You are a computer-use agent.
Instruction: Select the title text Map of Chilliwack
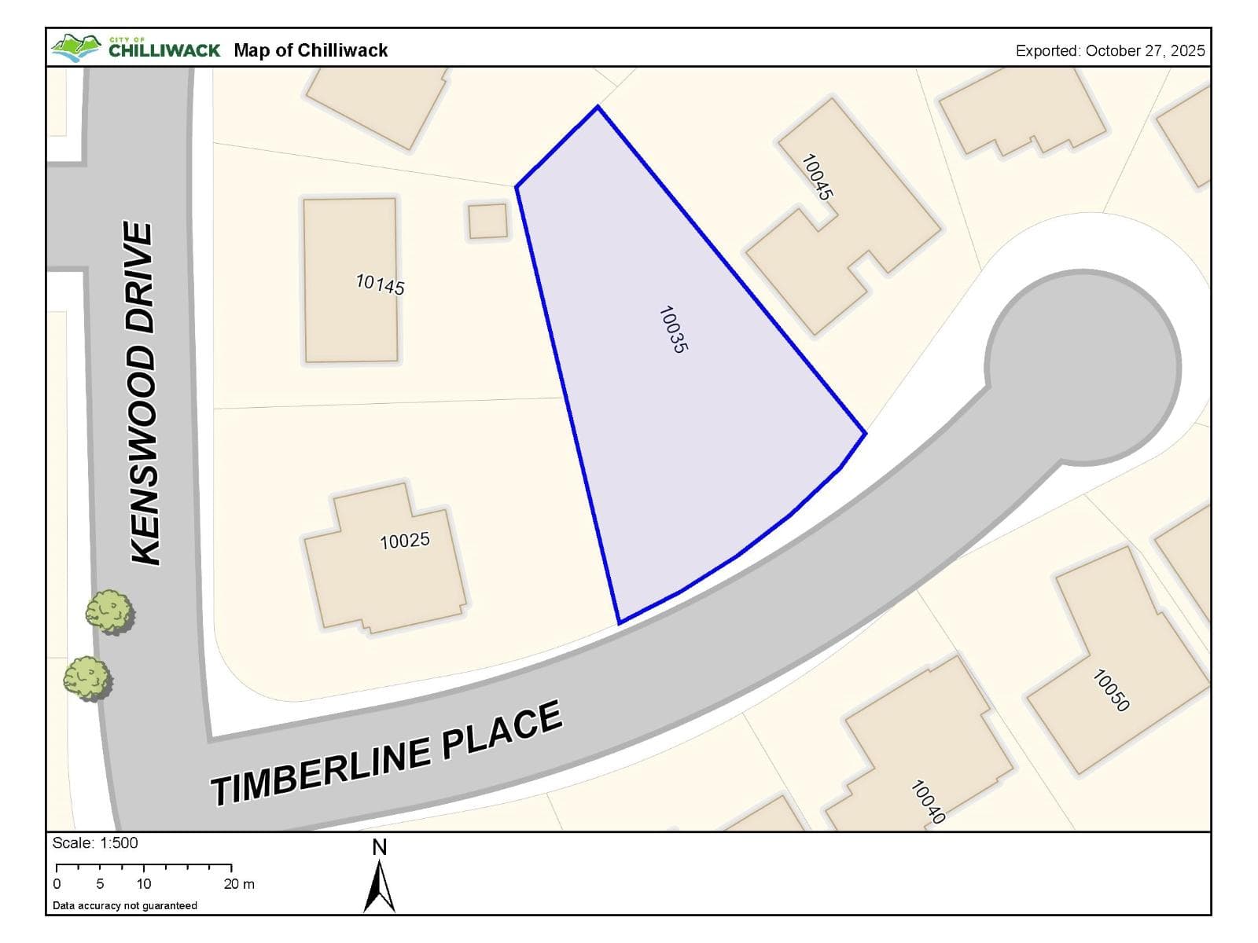(x=311, y=50)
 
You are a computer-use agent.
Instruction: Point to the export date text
(x=1109, y=50)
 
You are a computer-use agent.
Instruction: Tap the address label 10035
(x=672, y=329)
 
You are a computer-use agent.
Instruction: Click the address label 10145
(x=380, y=284)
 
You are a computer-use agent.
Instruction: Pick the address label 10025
(x=404, y=541)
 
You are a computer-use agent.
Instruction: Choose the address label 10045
(x=817, y=177)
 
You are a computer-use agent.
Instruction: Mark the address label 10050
(x=1111, y=690)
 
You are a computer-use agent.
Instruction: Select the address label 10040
(x=927, y=802)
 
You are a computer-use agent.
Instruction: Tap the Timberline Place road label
(x=386, y=754)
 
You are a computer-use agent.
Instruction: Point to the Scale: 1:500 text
(x=95, y=843)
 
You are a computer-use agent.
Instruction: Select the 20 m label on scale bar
(x=239, y=884)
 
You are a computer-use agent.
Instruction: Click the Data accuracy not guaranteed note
(x=125, y=905)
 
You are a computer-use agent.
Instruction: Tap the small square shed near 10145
(x=487, y=221)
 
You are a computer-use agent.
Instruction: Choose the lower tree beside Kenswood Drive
(x=86, y=678)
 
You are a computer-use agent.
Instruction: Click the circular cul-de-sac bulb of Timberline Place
(x=1083, y=366)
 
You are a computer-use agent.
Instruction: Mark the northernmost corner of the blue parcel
(x=598, y=107)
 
